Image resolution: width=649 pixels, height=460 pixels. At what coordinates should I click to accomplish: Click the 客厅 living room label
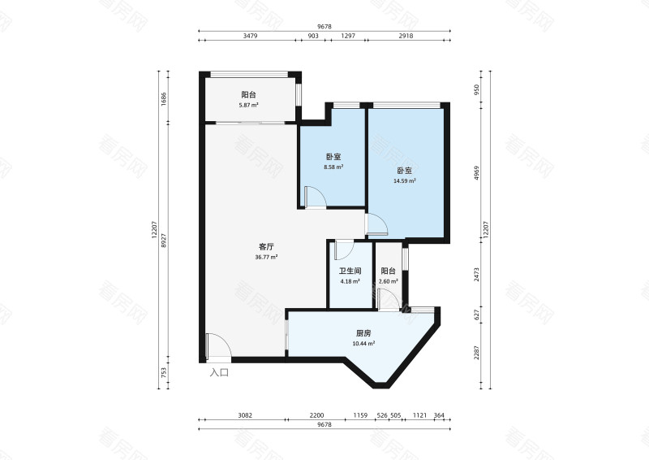(x=266, y=247)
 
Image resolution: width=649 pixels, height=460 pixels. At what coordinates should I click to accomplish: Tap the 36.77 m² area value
(x=266, y=257)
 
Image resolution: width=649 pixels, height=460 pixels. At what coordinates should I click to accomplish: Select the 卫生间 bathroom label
(x=350, y=271)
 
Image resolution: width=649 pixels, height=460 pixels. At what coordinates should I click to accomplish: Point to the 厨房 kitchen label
(x=363, y=333)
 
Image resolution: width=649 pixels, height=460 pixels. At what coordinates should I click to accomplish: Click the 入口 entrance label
(x=219, y=372)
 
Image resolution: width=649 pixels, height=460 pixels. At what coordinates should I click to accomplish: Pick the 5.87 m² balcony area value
(x=248, y=106)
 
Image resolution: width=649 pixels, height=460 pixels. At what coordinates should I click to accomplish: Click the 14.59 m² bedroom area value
(x=404, y=181)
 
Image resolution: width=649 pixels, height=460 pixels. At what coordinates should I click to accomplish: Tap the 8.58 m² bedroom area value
(x=333, y=167)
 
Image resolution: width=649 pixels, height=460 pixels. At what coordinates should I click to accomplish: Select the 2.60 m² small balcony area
(x=389, y=281)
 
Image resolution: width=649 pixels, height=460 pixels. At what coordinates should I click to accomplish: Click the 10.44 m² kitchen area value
(x=363, y=344)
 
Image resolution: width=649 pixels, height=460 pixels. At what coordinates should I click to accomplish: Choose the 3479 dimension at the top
(x=250, y=36)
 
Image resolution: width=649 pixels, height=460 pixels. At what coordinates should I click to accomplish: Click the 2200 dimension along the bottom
(x=316, y=415)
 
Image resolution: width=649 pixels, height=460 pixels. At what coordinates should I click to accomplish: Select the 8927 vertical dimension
(x=164, y=241)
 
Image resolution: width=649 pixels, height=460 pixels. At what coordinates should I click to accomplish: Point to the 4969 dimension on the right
(x=476, y=173)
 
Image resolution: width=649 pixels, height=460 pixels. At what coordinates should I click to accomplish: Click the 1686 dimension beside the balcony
(x=164, y=99)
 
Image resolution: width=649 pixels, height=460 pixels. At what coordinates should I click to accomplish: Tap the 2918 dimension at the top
(x=406, y=36)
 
